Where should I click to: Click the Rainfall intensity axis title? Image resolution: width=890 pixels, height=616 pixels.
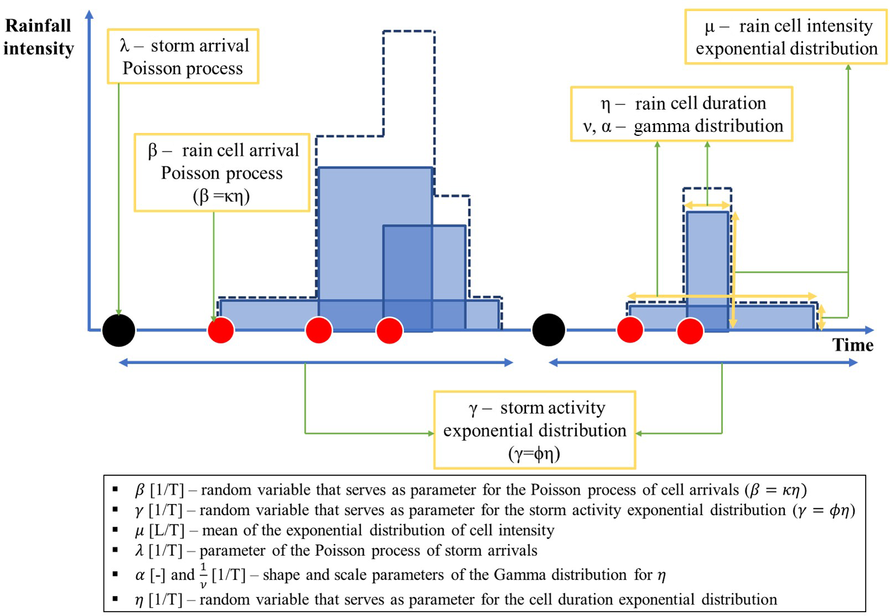point(38,37)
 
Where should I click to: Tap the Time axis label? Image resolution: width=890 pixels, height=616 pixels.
point(852,345)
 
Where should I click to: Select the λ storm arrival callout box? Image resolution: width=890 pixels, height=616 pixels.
point(183,57)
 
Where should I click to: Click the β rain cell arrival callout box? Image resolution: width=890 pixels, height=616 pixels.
point(222,172)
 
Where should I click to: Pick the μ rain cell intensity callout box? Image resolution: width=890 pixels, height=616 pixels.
point(786,37)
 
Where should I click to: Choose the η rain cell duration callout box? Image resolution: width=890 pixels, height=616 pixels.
point(682,114)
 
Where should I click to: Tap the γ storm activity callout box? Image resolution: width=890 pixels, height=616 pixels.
point(534,430)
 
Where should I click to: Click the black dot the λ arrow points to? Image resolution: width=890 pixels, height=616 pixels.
point(119,330)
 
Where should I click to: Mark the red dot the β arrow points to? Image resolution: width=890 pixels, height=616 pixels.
point(221,330)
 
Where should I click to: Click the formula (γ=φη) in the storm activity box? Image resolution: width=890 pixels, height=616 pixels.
point(534,454)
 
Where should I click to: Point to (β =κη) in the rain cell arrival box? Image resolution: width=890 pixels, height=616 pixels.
point(222,196)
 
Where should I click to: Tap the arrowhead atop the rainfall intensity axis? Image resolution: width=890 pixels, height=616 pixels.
point(89,14)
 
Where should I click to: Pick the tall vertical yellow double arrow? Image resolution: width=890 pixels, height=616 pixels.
point(734,271)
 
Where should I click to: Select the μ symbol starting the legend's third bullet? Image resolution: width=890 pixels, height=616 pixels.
point(140,531)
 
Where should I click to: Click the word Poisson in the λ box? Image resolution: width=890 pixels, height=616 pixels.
point(152,68)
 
